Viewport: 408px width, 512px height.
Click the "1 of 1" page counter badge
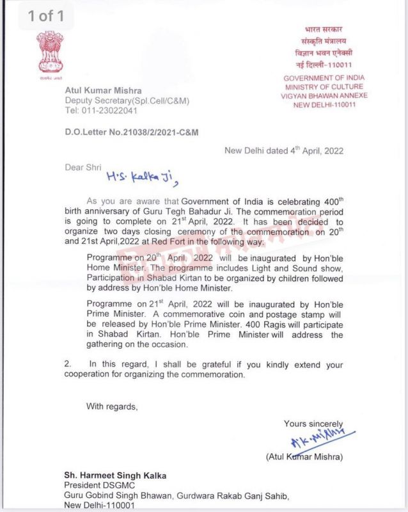44,16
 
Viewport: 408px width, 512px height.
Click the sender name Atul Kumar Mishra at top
103,90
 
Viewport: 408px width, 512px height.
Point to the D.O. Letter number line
132,132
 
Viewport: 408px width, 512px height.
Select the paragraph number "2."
68,364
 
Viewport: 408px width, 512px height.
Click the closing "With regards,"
112,406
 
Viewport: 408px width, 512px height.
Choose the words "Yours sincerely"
313,424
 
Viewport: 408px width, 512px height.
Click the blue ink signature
311,440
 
